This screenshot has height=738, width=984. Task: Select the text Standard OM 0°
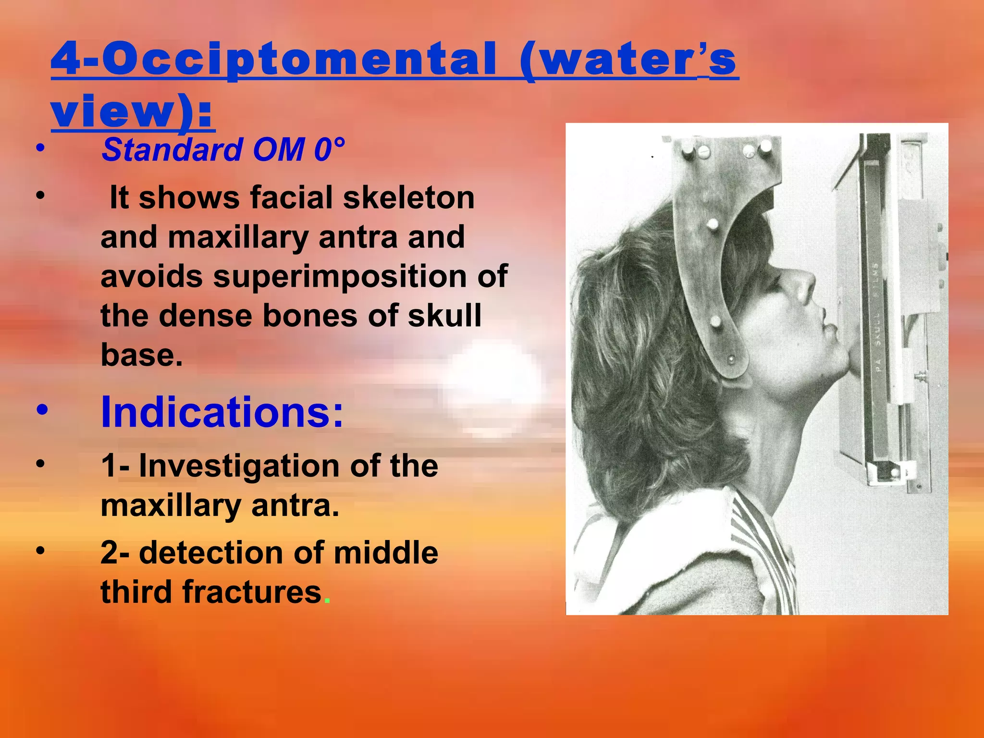coord(223,149)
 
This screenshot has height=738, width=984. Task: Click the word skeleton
coord(408,198)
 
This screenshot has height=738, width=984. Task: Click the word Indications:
coord(222,412)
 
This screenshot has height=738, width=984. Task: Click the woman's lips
coord(830,332)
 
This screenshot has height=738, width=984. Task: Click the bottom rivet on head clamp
coord(731,359)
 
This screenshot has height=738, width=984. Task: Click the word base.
coord(141,356)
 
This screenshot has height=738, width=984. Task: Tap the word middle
coord(385,553)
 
